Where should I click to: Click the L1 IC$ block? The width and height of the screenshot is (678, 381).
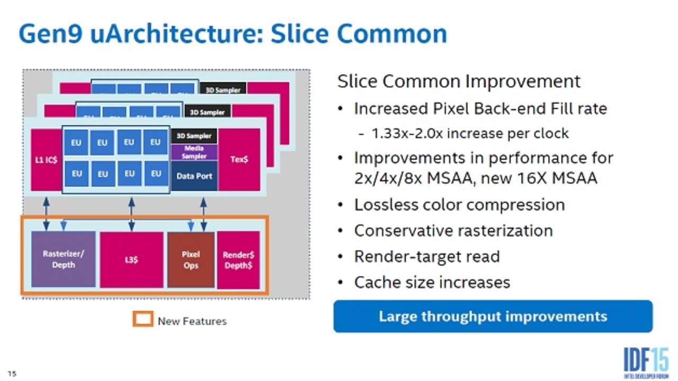46,159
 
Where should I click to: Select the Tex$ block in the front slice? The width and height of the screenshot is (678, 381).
239,159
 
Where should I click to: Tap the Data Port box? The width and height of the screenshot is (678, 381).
194,176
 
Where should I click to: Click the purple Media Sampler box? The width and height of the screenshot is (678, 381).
194,152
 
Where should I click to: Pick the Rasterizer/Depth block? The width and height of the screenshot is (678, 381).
64,259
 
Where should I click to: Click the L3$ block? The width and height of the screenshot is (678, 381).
131,260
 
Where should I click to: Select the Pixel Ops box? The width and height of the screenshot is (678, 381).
191,260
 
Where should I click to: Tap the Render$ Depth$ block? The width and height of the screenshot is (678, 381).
238,260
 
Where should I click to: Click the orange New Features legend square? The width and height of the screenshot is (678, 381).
142,319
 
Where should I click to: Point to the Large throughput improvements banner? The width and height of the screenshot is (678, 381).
493,316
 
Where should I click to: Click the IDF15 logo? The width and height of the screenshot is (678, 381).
645,363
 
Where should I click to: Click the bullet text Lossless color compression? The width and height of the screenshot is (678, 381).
459,205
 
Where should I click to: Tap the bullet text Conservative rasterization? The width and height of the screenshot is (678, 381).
453,231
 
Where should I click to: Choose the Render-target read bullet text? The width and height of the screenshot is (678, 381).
427,256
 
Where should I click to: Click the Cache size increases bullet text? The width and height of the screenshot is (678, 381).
432,282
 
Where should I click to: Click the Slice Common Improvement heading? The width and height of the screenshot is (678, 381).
459,82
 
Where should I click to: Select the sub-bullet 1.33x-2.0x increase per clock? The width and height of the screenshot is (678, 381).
470,133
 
